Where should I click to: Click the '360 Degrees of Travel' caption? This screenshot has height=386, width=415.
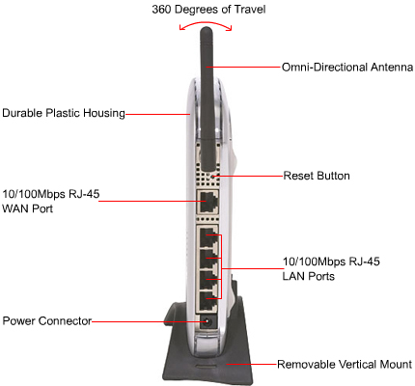(x=208, y=9)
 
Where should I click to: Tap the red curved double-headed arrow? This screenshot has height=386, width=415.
(x=206, y=23)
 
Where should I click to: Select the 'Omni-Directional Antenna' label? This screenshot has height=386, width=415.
(x=347, y=68)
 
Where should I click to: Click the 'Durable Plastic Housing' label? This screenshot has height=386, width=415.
(x=64, y=113)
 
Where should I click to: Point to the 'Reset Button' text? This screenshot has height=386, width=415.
(x=317, y=176)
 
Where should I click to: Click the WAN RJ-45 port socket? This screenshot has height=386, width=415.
(x=207, y=202)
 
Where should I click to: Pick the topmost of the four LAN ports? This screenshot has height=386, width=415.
(x=207, y=237)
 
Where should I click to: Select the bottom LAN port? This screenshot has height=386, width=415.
(x=207, y=302)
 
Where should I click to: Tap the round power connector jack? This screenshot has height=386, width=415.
(x=207, y=321)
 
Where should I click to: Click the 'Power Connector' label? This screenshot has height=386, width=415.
(x=47, y=321)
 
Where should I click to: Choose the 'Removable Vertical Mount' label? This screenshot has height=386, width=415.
(x=345, y=365)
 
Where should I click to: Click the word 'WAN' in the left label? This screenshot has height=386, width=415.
(x=15, y=208)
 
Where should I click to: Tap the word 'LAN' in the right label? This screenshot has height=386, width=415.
(x=293, y=276)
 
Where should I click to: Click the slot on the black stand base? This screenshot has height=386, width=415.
(x=206, y=366)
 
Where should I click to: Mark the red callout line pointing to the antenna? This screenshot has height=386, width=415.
(x=243, y=68)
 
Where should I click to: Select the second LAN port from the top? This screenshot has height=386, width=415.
(x=207, y=260)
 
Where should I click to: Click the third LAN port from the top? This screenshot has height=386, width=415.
(x=207, y=281)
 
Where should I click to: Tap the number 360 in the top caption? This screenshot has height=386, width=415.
(x=161, y=9)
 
